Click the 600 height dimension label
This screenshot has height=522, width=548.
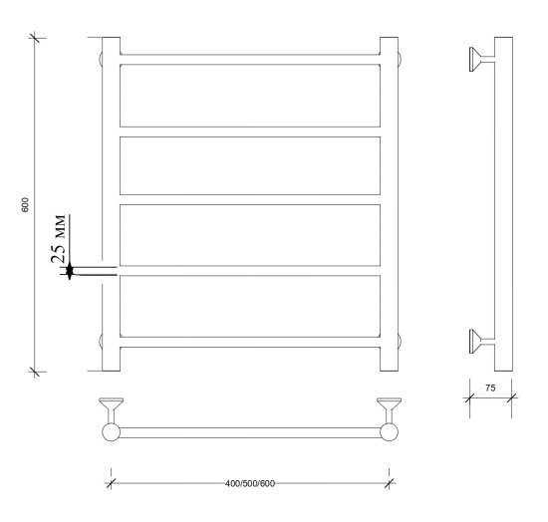(25, 205)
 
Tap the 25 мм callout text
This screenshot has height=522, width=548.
(58, 239)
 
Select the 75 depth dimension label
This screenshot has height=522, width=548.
(490, 388)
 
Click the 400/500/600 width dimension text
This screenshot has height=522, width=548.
(250, 483)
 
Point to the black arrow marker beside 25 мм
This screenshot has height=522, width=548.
(70, 270)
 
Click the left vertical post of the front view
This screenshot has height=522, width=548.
(112, 204)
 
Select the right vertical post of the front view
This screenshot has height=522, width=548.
(389, 204)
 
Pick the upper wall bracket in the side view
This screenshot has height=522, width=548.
(481, 60)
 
